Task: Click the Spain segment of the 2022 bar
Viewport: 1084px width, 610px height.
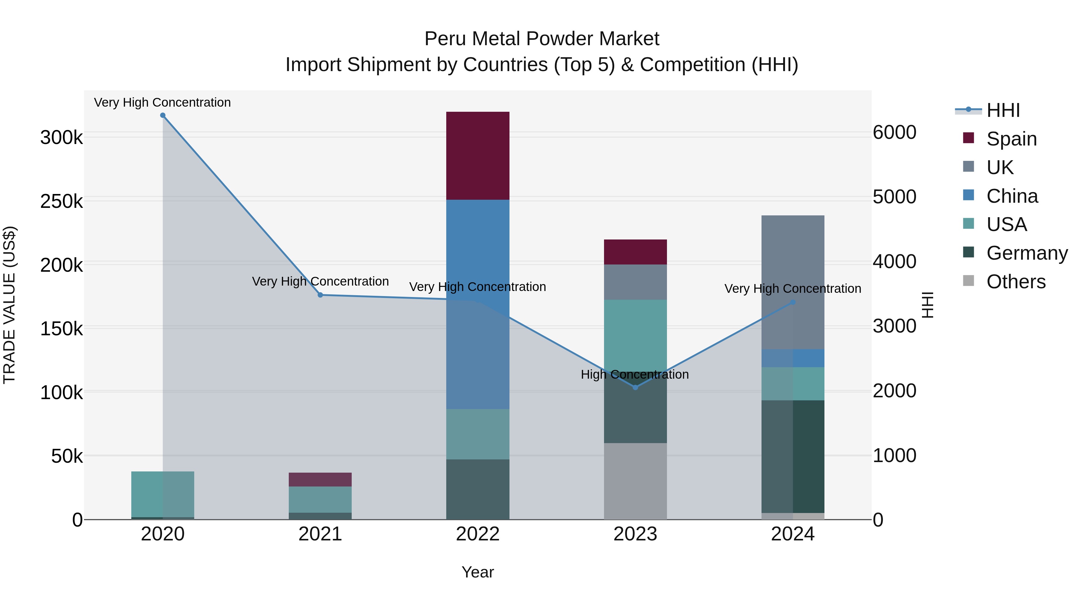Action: pos(478,156)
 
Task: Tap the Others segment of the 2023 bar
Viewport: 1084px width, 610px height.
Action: pos(635,481)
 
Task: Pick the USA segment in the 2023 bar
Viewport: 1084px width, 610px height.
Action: pos(635,333)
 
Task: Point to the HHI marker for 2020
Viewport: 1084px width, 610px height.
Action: pos(163,115)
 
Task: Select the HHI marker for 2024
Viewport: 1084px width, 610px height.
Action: pos(793,302)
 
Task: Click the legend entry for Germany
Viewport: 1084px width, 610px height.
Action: pos(1027,253)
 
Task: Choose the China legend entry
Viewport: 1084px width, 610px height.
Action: pos(1012,196)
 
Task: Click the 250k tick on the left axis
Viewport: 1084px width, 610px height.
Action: pos(61,202)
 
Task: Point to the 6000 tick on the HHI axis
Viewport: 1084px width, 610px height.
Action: pos(895,132)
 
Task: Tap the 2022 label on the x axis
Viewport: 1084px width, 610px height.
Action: pos(478,534)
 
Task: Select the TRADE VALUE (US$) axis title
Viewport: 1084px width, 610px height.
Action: pos(9,305)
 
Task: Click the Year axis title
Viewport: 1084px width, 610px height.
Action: pos(478,572)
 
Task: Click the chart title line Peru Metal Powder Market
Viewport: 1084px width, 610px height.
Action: pos(542,39)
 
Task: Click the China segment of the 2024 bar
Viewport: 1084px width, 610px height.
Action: pos(793,358)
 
